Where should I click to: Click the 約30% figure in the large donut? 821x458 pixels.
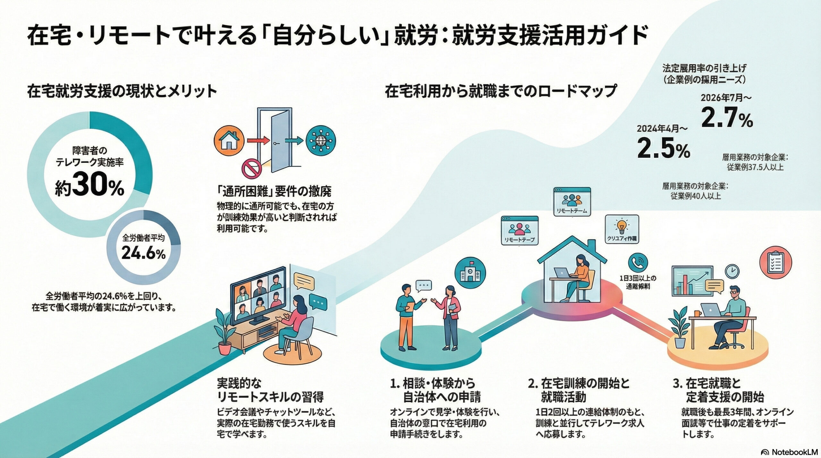click(x=89, y=187)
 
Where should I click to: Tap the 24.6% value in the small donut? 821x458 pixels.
click(x=143, y=253)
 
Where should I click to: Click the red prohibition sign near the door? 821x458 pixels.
click(x=252, y=169)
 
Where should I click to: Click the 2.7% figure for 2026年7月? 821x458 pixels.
click(x=727, y=118)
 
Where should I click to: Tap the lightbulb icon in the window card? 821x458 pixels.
click(x=622, y=227)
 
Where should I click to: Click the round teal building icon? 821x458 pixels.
click(x=470, y=273)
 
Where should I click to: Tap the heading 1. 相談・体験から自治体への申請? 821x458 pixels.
click(x=436, y=390)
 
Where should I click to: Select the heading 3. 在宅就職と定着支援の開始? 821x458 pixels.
click(x=718, y=390)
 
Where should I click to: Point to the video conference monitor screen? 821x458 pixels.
click(x=258, y=295)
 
